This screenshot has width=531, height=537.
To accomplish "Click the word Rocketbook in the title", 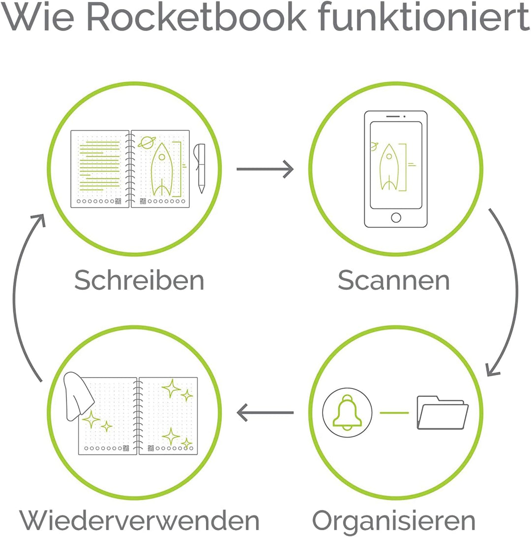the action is tap(197, 17).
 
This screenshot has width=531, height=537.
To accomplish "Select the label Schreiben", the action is tap(139, 280).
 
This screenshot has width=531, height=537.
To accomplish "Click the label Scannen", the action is tap(394, 280).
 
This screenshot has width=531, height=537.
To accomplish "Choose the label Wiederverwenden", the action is tap(139, 521).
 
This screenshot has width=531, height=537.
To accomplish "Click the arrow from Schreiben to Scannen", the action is tap(265, 169).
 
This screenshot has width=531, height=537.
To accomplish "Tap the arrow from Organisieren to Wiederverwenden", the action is tap(265, 412).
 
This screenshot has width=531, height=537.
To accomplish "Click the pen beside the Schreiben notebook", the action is tap(200, 168).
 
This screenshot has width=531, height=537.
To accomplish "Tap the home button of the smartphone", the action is tap(396, 217).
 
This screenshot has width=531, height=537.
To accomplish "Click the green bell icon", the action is tap(347, 412).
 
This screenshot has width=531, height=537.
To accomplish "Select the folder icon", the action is tap(442, 413).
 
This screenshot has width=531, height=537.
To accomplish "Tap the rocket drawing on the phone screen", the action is tap(389, 167).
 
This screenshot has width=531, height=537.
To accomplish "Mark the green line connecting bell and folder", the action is tap(394, 413).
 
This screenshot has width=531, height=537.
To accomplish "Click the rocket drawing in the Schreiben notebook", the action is tap(162, 170).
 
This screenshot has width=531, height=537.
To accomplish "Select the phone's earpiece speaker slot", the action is tap(393, 117).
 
